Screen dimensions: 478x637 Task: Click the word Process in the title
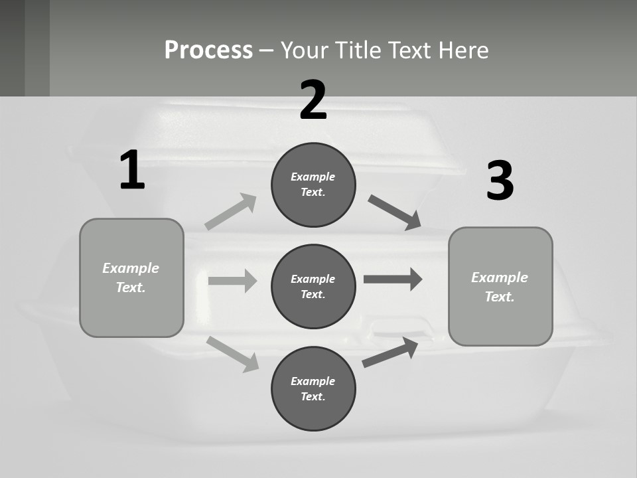[x=208, y=50]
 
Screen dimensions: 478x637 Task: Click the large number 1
[x=132, y=171]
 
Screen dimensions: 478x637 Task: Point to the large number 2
[x=313, y=100]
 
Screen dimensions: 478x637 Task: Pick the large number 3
[x=500, y=181]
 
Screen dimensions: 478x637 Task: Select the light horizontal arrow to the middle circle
[x=232, y=281]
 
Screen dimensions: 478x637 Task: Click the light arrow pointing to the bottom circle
[x=233, y=354]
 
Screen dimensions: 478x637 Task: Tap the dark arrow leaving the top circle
[x=394, y=212]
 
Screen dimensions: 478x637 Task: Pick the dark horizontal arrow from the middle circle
[x=393, y=279]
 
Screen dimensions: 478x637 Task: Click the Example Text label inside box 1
[x=131, y=278]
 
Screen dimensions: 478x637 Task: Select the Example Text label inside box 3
[x=500, y=287]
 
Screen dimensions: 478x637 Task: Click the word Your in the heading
[x=305, y=50]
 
